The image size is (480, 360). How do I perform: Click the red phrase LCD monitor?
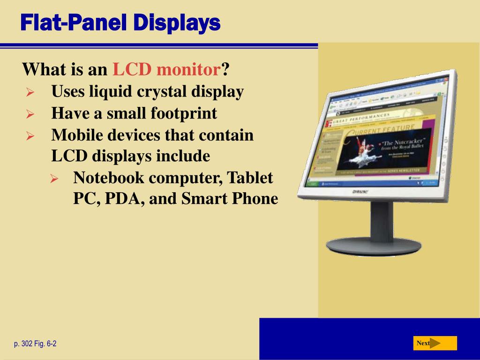(166, 70)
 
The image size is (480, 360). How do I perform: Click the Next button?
(435, 343)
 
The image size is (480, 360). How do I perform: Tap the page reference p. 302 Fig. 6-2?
(35, 344)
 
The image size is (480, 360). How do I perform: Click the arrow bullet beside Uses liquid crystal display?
(30, 92)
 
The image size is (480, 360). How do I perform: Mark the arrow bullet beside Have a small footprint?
(30, 114)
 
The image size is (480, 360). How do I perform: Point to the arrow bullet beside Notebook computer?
(53, 179)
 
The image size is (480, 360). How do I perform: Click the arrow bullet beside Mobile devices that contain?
(30, 136)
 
